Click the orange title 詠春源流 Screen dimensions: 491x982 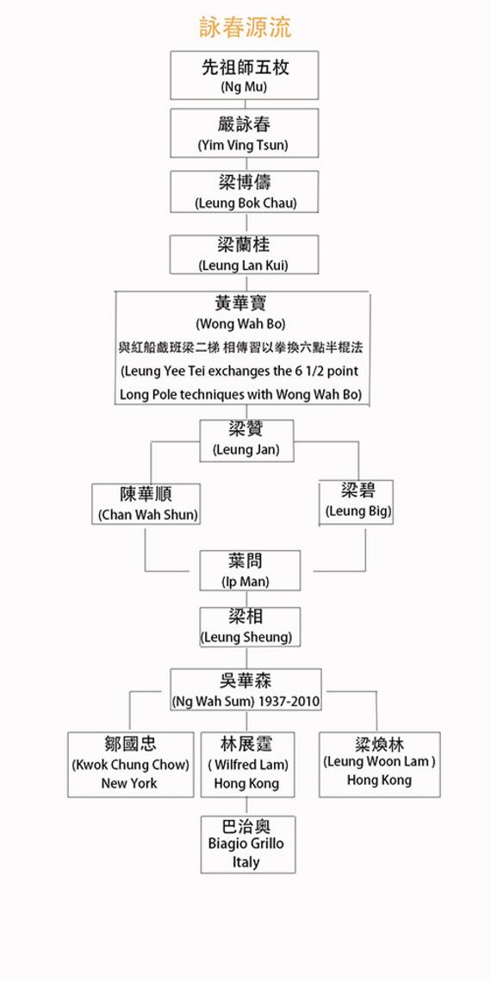click(x=245, y=28)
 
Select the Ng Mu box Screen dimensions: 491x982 click(x=245, y=75)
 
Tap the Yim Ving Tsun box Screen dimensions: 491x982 click(x=245, y=133)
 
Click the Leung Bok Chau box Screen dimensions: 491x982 click(x=245, y=191)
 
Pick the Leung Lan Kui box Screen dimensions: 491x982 click(x=245, y=254)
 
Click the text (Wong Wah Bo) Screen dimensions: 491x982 click(x=241, y=324)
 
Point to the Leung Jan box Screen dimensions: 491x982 click(x=246, y=441)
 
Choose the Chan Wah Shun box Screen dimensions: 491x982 click(x=146, y=504)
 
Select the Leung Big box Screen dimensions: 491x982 click(x=357, y=502)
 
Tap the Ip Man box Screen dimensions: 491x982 click(x=250, y=571)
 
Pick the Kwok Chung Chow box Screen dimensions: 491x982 click(x=131, y=765)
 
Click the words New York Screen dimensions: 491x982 click(x=129, y=784)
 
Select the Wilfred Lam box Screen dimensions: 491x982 click(x=248, y=765)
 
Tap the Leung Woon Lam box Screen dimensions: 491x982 click(x=380, y=765)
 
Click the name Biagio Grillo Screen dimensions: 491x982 click(x=245, y=843)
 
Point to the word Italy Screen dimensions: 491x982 click(x=245, y=862)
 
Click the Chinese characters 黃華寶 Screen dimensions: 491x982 click(x=241, y=303)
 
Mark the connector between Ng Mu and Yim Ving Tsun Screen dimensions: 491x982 click(x=245, y=104)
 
